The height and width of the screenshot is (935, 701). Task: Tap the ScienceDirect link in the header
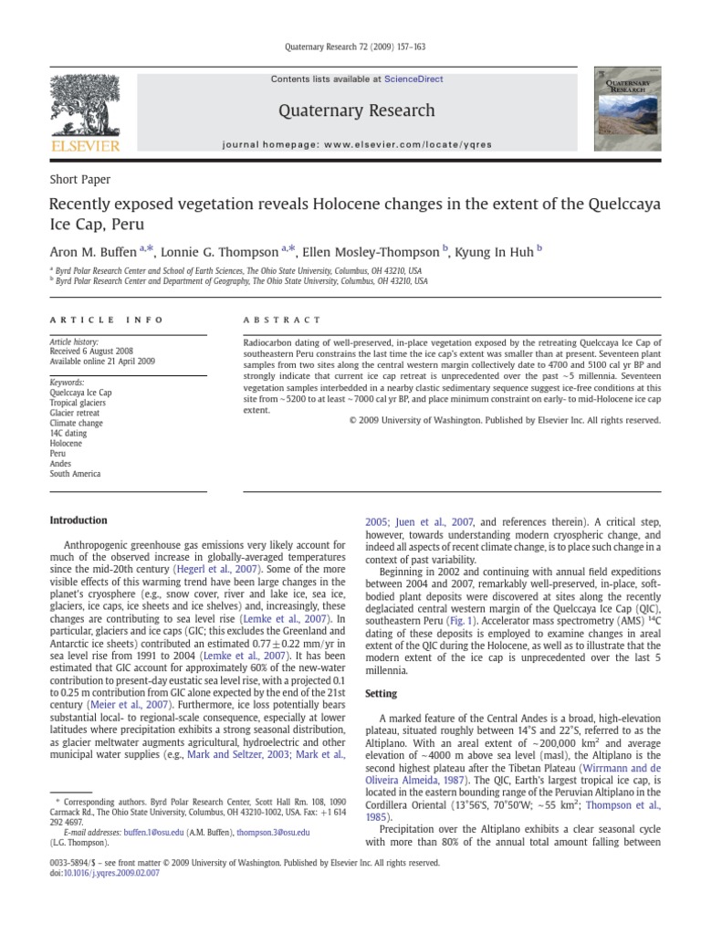413,79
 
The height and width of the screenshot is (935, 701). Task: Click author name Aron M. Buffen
99,251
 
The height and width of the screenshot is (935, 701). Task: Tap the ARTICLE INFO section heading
106,320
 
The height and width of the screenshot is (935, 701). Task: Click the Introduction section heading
78,520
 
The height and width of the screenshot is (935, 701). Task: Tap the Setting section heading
381,694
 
